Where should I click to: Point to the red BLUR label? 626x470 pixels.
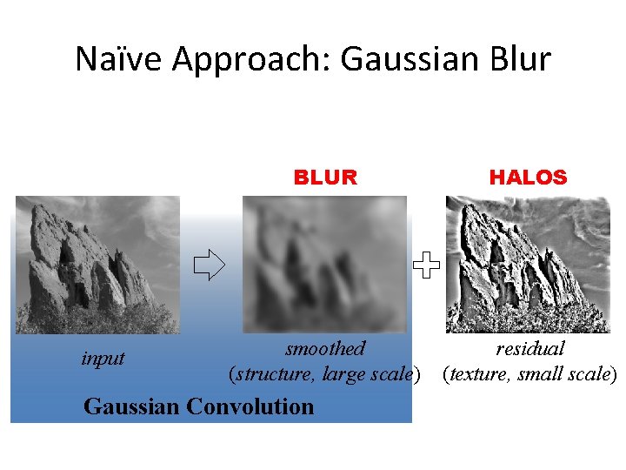click(x=325, y=178)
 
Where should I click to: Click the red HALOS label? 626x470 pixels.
click(x=528, y=178)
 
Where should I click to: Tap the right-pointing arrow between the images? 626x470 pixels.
click(x=209, y=265)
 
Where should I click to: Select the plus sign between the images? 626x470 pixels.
click(x=427, y=265)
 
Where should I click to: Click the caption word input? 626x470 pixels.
click(x=103, y=358)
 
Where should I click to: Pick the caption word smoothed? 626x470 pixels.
click(x=325, y=349)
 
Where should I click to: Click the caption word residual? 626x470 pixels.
click(x=530, y=349)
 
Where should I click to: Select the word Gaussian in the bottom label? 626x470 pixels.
click(x=132, y=406)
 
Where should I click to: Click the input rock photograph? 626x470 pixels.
click(x=97, y=265)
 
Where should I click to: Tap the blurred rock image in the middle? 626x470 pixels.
click(x=325, y=265)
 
